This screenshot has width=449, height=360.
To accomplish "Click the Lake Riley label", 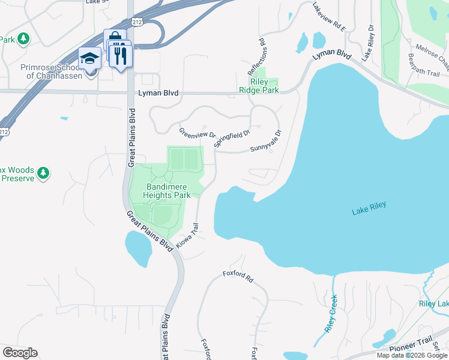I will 369,208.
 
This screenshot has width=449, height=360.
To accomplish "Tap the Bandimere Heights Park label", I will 168,191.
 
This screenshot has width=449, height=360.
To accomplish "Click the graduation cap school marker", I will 90,59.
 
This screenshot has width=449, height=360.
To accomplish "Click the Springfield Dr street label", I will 231,138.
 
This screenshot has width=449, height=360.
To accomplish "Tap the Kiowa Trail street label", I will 187,236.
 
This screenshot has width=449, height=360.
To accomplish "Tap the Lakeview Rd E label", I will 330,16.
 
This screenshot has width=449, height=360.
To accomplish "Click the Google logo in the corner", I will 20,353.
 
